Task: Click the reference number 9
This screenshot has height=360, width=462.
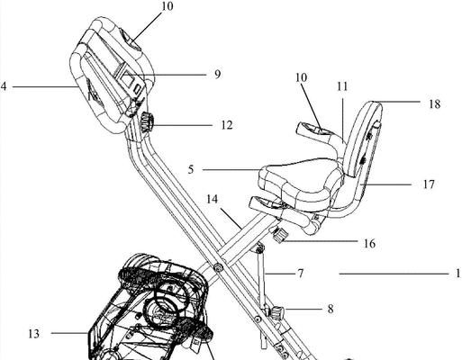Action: click(x=217, y=75)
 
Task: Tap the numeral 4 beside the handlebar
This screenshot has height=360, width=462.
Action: click(x=4, y=86)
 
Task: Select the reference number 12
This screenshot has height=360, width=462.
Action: click(x=227, y=125)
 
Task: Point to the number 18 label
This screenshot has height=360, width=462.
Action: click(x=434, y=104)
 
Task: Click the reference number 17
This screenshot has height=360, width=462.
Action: click(x=429, y=184)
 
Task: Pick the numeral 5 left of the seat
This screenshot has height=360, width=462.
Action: click(x=191, y=169)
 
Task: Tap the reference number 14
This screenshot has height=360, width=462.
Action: click(x=213, y=199)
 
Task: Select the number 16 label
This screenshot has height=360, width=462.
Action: click(x=369, y=244)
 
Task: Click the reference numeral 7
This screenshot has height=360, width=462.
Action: click(x=301, y=274)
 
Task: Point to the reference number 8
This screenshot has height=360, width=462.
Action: click(x=331, y=309)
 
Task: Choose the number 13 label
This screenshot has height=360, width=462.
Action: click(x=34, y=334)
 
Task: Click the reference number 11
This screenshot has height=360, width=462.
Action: click(x=342, y=86)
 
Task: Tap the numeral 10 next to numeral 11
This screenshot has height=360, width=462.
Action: click(x=301, y=77)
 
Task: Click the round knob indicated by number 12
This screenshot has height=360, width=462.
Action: click(x=148, y=121)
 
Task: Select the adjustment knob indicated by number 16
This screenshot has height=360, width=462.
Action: click(x=278, y=234)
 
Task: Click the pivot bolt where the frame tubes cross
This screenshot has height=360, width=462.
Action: click(x=218, y=267)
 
